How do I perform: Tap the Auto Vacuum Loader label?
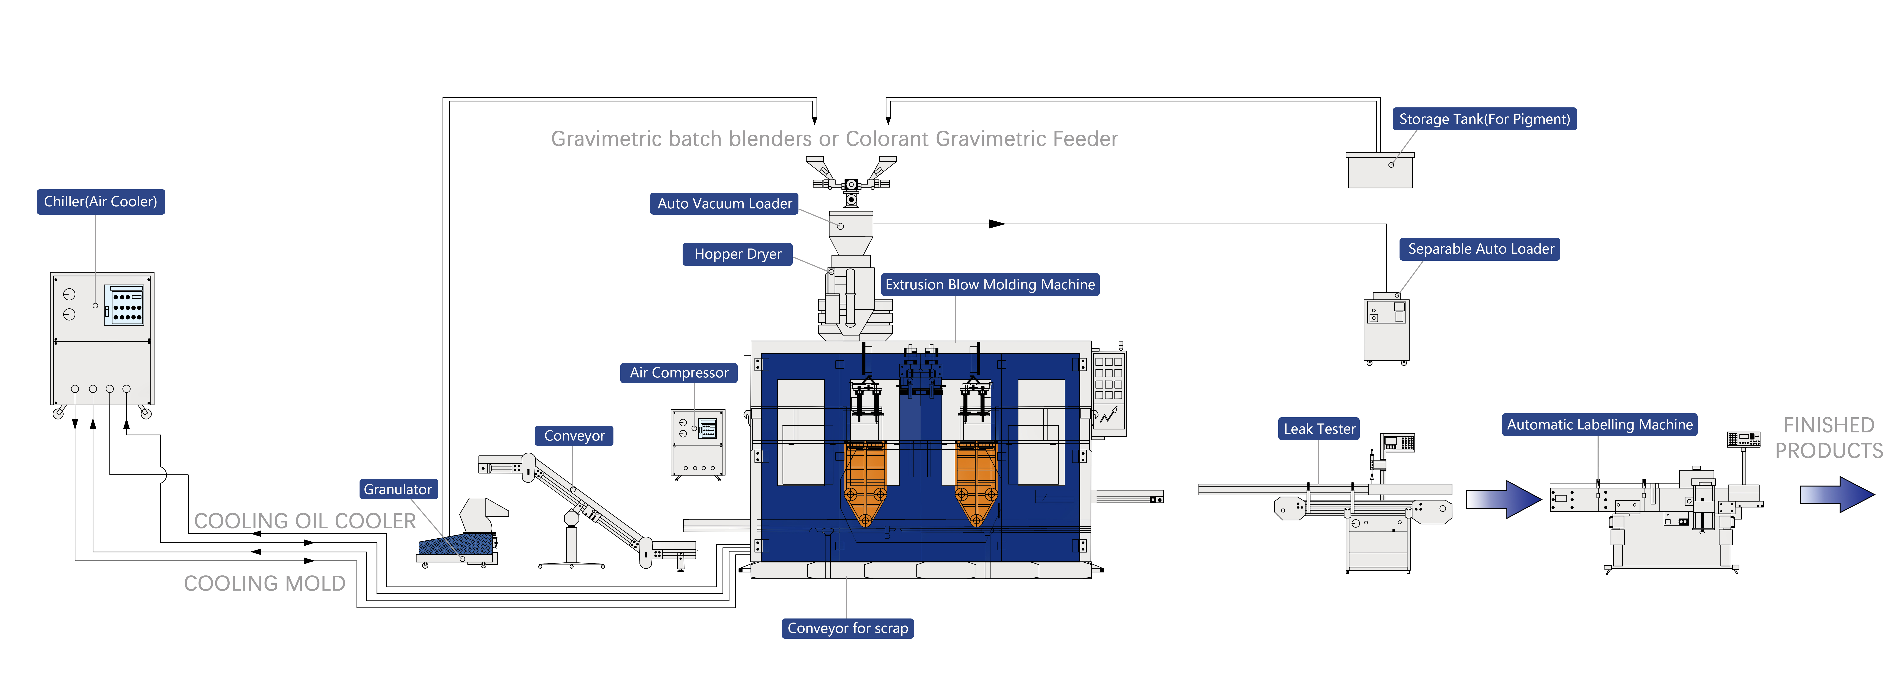coord(724,203)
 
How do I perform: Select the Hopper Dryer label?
coord(737,254)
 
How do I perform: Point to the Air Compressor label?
coord(679,373)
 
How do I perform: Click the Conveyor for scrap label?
coord(848,628)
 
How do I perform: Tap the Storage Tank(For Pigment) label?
coord(1484,119)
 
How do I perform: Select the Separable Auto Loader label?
coord(1480,249)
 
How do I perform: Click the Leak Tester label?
coord(1319,429)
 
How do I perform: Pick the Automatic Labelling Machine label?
coord(1600,424)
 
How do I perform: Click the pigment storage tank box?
coord(1380,170)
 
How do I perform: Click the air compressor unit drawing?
coord(698,444)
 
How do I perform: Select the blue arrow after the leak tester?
coord(1503,499)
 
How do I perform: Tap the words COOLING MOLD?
coord(264,584)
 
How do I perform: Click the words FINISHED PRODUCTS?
coord(1829,438)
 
